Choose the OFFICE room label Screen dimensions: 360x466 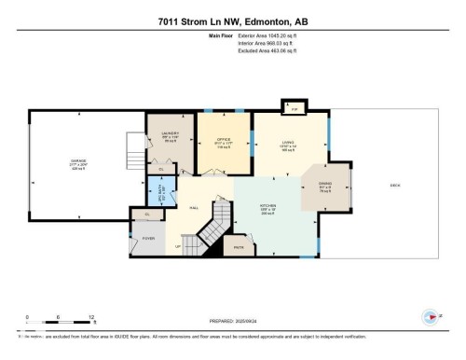[x=223, y=141]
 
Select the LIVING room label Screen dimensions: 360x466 [x=288, y=144]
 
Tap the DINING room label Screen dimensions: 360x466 [x=324, y=185]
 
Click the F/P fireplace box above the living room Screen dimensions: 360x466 [x=295, y=109]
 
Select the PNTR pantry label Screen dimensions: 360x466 [x=239, y=248]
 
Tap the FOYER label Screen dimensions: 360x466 [x=148, y=238]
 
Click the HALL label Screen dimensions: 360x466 [x=194, y=208]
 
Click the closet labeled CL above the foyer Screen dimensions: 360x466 [x=146, y=215]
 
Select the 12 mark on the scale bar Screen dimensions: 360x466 [x=91, y=317]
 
